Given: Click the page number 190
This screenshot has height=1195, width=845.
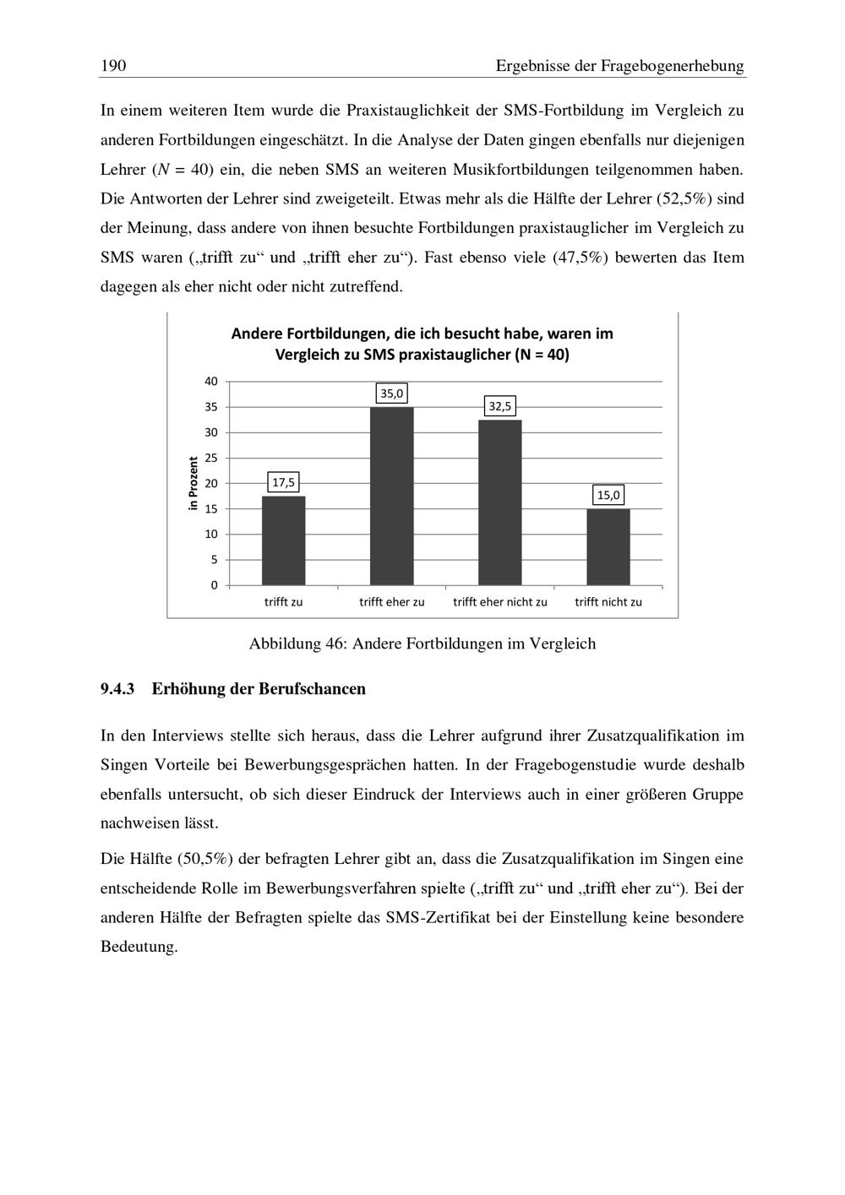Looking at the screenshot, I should (112, 66).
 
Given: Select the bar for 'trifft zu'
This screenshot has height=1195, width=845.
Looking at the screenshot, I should (283, 540).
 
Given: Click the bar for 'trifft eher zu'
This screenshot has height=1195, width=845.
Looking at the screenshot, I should (391, 497).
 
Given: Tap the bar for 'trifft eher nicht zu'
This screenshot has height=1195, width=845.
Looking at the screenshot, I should (499, 502).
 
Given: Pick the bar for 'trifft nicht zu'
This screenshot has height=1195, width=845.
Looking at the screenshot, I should (608, 547).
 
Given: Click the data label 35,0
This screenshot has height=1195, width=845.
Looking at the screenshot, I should (392, 394).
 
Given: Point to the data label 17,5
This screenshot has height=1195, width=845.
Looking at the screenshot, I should (283, 482).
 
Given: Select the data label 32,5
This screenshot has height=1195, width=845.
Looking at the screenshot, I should (499, 406).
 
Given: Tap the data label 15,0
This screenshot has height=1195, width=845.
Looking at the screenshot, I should (608, 495).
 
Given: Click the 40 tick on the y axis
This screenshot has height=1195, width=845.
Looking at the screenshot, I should (211, 382).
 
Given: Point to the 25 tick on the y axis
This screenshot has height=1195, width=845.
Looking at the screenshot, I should (211, 458).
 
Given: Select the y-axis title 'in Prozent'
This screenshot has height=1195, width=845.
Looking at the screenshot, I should (194, 483).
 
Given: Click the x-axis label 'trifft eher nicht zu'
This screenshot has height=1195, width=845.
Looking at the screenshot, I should (500, 602).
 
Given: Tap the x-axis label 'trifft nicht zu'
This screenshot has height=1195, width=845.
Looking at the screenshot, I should (608, 602).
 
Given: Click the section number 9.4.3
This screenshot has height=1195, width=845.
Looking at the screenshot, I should (117, 689).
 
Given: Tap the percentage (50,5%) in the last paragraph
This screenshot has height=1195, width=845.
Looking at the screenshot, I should (205, 859).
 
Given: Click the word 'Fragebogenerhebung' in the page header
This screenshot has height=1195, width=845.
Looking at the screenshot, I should (673, 66).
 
